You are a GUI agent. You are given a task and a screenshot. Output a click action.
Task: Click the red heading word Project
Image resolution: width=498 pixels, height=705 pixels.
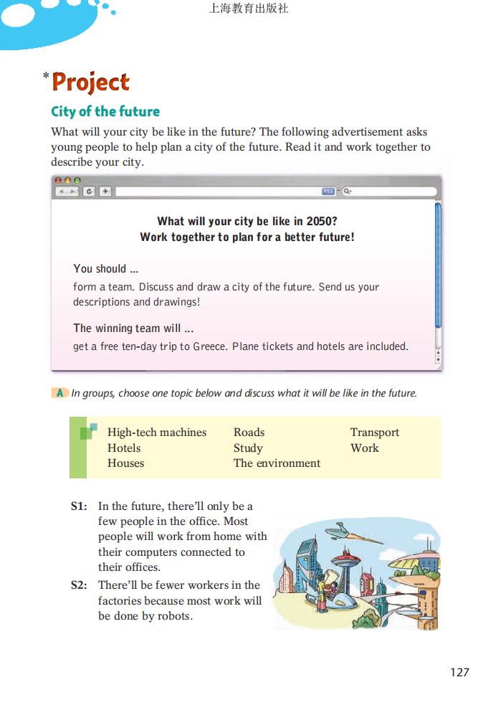(90, 82)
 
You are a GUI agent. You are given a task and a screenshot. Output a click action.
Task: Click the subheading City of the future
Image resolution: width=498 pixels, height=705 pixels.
(105, 111)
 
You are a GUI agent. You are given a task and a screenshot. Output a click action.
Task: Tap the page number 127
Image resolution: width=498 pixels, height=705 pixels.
(459, 672)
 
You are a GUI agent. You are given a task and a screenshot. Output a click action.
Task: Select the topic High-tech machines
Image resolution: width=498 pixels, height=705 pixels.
(156, 432)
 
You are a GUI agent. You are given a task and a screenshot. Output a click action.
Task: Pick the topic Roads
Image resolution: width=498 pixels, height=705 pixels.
(249, 432)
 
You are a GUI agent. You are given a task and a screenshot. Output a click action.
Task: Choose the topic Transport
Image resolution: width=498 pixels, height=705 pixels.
(374, 432)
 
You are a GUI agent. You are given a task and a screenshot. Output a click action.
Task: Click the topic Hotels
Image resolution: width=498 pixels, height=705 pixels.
(123, 448)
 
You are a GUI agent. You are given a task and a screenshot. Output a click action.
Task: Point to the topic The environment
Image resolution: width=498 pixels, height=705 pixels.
(277, 463)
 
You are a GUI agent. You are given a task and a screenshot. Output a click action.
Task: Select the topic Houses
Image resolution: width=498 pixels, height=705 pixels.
(125, 463)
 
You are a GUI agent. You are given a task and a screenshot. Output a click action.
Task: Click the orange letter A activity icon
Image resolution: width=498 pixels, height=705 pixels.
(60, 393)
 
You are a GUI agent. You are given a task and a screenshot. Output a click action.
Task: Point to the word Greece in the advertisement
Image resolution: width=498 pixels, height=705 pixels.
(209, 346)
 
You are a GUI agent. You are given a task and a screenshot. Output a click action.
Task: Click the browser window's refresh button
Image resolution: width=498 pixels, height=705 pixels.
(89, 191)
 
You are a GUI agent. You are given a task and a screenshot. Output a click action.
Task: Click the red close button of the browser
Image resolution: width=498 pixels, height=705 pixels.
(59, 181)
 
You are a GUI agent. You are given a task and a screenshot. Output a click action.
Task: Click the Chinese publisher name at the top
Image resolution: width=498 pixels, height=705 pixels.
(248, 9)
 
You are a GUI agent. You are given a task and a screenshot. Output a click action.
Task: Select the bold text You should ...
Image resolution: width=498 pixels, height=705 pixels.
(100, 269)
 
